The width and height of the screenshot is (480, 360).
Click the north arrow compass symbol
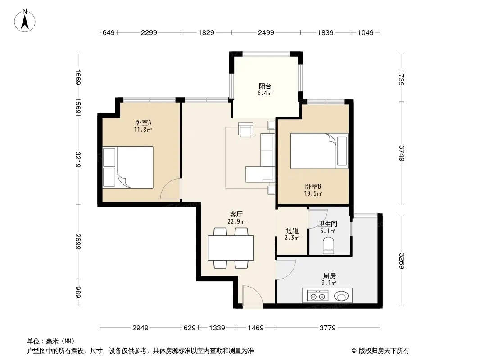[25, 21]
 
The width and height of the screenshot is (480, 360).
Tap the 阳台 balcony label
[265, 86]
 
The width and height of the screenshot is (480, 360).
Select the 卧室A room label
[143, 123]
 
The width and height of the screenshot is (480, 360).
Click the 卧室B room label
[313, 186]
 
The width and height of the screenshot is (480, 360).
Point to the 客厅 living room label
[236, 214]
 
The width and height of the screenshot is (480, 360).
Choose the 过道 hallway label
[292, 230]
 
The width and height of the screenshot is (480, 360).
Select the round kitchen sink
[341, 296]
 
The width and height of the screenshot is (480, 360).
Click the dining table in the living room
[231, 248]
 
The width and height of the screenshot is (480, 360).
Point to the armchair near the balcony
[245, 130]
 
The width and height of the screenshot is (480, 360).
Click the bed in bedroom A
[128, 167]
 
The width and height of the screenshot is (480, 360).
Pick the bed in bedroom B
[319, 151]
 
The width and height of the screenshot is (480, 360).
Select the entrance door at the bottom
[252, 295]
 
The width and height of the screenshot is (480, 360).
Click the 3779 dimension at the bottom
[327, 328]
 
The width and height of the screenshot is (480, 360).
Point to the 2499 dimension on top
[266, 32]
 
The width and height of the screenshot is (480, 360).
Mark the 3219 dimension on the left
[78, 159]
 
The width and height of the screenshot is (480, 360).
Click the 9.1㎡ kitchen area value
[329, 283]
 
